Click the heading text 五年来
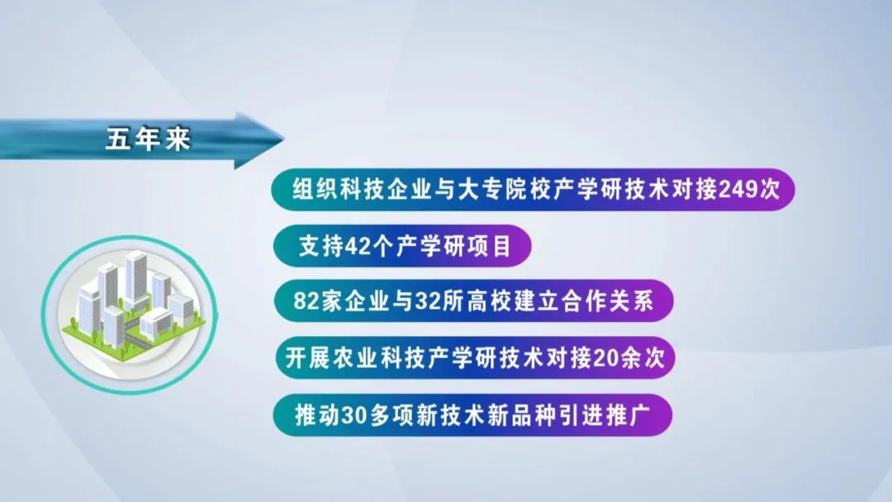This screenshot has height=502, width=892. (148, 140)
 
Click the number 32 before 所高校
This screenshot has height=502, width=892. (426, 301)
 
